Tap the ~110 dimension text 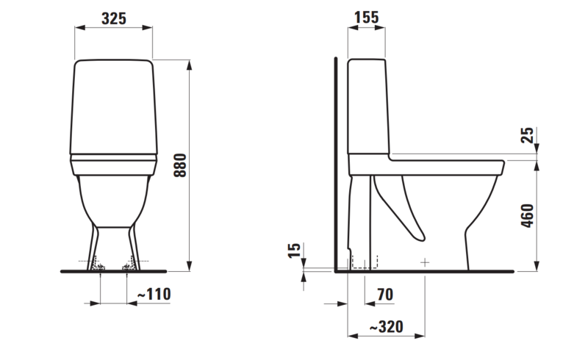pos(154,295)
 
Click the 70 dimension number pos(384,295)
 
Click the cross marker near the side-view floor pos(425,262)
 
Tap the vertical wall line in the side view pos(335,162)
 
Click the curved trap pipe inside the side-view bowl pos(401,209)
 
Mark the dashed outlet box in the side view pos(365,262)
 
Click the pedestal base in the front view pos(114,246)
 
